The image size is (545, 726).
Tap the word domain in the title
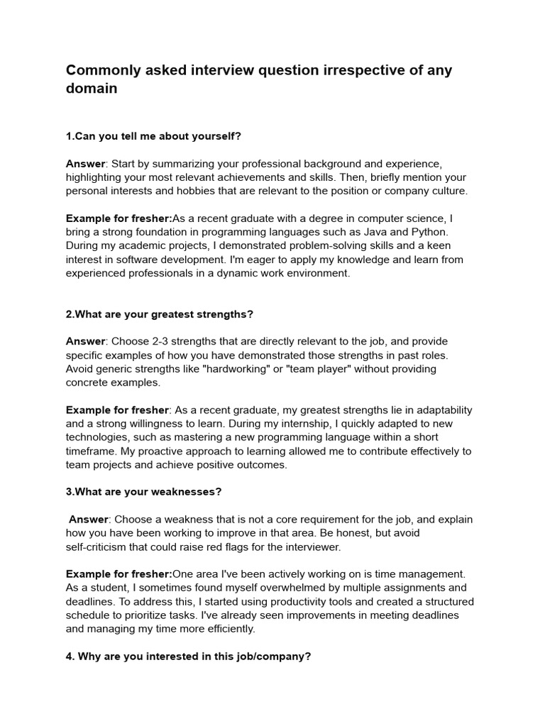click(x=92, y=89)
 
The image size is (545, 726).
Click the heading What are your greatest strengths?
click(x=160, y=314)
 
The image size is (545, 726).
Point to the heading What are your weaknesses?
click(x=144, y=491)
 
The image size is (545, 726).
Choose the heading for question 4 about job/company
click(x=189, y=657)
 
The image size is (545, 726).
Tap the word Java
click(x=373, y=232)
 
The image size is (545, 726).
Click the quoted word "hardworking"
click(x=240, y=369)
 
